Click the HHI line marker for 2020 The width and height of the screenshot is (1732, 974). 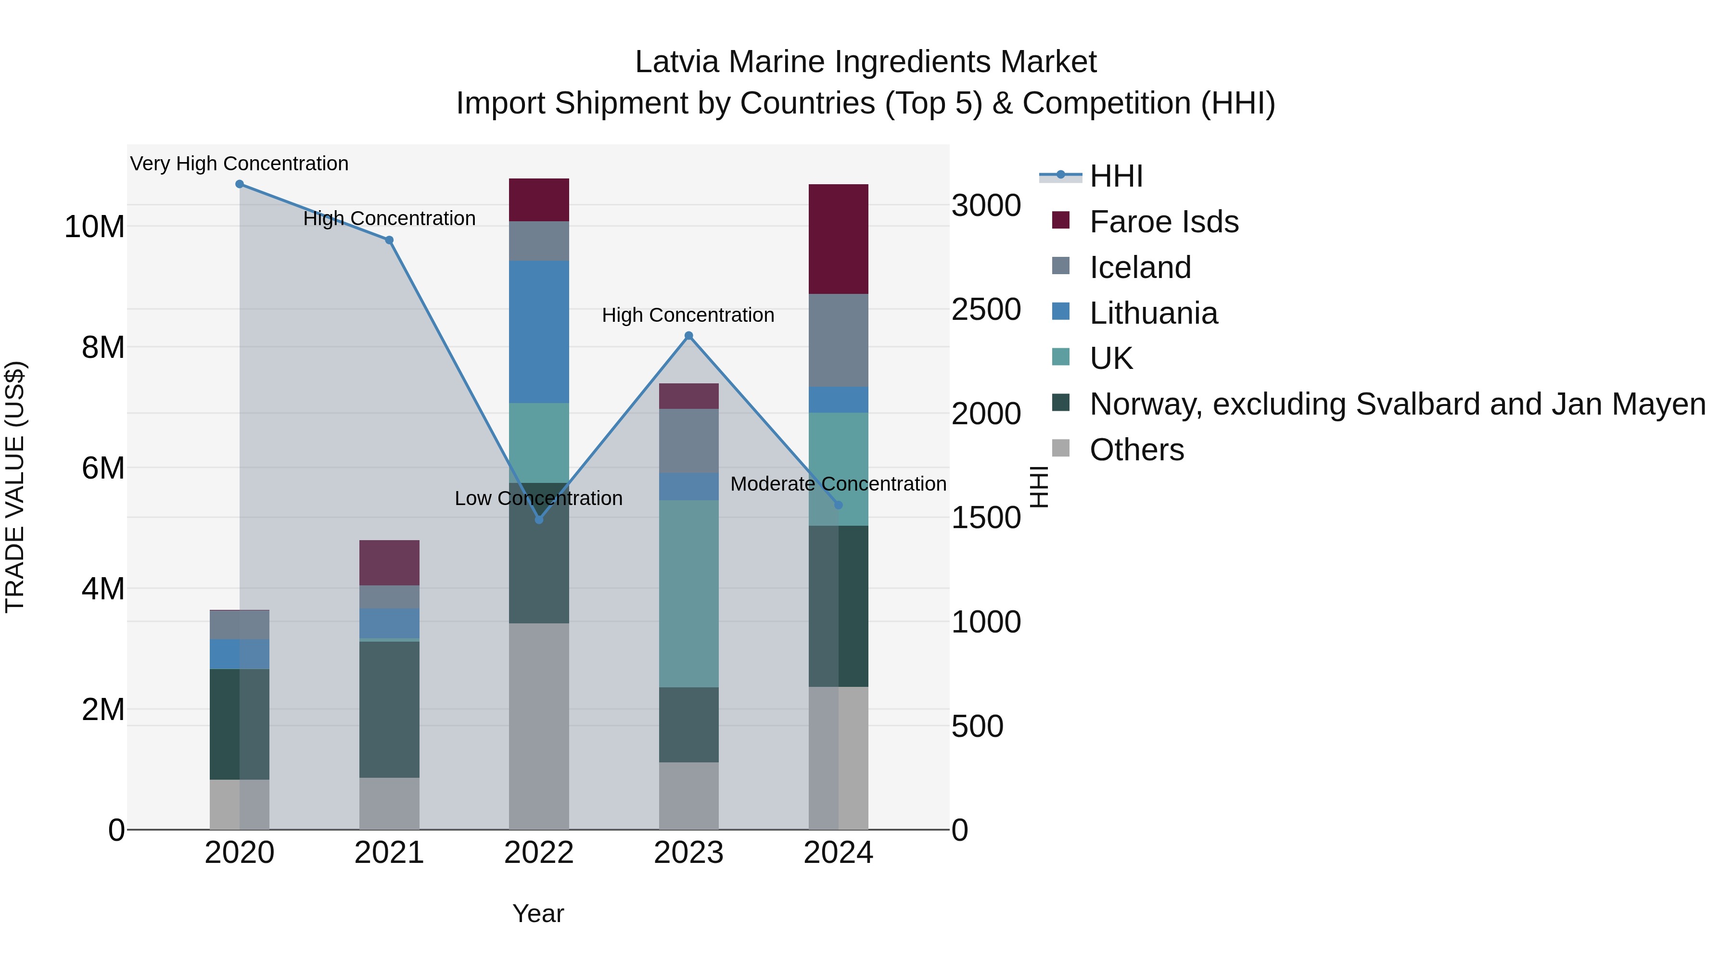pyautogui.click(x=240, y=184)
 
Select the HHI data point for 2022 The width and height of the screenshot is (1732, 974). pyautogui.click(x=538, y=519)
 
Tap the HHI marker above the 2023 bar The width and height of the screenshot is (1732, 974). pyautogui.click(x=688, y=336)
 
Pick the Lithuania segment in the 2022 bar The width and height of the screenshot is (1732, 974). pyautogui.click(x=538, y=332)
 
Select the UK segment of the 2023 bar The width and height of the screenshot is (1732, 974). pyautogui.click(x=688, y=593)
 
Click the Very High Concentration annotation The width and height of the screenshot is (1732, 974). pyautogui.click(x=240, y=164)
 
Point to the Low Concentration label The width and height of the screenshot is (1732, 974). pyautogui.click(x=538, y=498)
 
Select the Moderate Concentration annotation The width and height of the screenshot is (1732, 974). pyautogui.click(x=838, y=484)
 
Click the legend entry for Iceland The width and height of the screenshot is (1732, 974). pyautogui.click(x=1140, y=267)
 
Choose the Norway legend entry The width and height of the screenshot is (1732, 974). pyautogui.click(x=1397, y=404)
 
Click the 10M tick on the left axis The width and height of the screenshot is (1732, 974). pyautogui.click(x=94, y=227)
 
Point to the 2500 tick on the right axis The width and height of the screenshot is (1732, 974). pyautogui.click(x=986, y=309)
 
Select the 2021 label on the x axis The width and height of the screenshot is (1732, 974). pyautogui.click(x=389, y=853)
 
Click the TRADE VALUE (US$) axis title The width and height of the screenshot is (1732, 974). pyautogui.click(x=15, y=487)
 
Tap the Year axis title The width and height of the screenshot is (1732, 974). pyautogui.click(x=538, y=913)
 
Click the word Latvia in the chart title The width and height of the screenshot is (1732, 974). pyautogui.click(x=678, y=62)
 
